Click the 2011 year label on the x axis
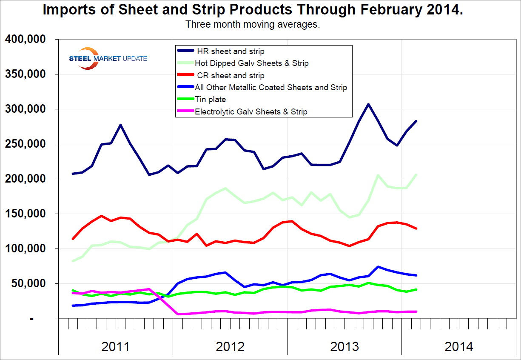click(115, 346)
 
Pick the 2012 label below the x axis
click(230, 346)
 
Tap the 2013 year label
click(344, 346)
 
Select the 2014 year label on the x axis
click(459, 346)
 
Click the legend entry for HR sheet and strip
click(231, 51)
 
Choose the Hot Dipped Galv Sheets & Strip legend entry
click(251, 63)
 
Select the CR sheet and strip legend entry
click(231, 76)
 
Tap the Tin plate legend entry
click(211, 100)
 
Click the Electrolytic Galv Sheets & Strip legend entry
click(251, 112)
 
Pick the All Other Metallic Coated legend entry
click(271, 88)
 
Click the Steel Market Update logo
click(108, 58)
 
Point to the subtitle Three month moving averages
click(253, 24)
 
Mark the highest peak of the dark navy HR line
click(368, 104)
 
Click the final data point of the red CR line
click(416, 229)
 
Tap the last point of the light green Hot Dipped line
click(416, 174)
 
